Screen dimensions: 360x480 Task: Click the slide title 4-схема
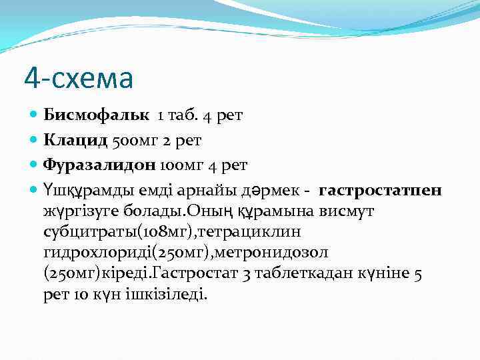click(79, 78)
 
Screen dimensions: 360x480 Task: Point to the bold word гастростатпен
click(380, 191)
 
